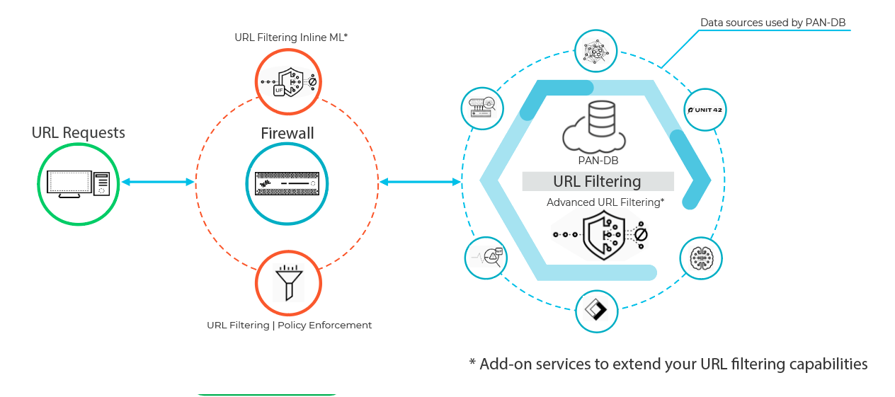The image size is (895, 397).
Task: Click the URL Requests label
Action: click(x=78, y=133)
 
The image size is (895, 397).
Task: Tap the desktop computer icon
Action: click(x=79, y=183)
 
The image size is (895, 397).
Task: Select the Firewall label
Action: click(x=287, y=133)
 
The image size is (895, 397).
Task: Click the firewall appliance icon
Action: click(x=287, y=183)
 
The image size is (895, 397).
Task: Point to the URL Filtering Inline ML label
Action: click(x=291, y=38)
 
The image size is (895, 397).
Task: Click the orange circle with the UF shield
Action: click(x=288, y=82)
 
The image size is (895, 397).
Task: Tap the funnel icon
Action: click(x=288, y=283)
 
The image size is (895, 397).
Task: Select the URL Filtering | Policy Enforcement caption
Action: click(x=289, y=326)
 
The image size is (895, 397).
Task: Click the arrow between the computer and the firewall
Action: click(x=157, y=183)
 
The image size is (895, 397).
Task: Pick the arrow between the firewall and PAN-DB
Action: click(x=420, y=183)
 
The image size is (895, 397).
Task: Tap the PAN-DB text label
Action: click(x=598, y=161)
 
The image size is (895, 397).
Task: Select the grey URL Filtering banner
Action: click(x=598, y=181)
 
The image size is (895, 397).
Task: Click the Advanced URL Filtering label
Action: click(x=605, y=202)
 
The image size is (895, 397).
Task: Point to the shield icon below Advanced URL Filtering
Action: click(x=601, y=236)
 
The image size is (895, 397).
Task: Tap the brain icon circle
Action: click(x=702, y=258)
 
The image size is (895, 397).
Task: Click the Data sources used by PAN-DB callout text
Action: click(x=773, y=23)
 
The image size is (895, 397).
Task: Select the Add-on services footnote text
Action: click(x=668, y=364)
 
